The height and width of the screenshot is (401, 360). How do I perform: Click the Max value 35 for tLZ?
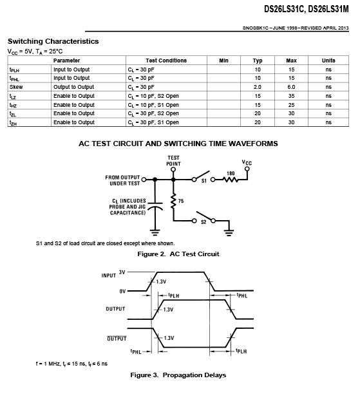click(x=291, y=96)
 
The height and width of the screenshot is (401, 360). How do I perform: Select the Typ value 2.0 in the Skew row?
click(x=258, y=87)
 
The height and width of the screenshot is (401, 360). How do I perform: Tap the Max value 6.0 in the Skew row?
click(x=291, y=87)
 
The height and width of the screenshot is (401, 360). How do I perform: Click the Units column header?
click(x=328, y=61)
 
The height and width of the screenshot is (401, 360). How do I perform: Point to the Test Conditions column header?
click(x=166, y=61)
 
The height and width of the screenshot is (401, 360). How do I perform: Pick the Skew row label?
click(x=16, y=87)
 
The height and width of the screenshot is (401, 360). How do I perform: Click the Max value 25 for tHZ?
click(x=291, y=105)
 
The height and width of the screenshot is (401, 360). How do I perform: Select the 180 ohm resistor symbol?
click(x=231, y=180)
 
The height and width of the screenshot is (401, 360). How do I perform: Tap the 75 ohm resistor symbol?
click(x=173, y=201)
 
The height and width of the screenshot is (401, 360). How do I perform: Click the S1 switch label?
click(x=204, y=181)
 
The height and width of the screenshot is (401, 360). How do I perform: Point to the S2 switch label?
click(x=204, y=222)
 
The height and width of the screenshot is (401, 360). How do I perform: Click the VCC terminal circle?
click(x=247, y=169)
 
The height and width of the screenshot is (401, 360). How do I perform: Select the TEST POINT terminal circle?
click(x=173, y=169)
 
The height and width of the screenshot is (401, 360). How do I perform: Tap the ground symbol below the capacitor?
click(x=155, y=232)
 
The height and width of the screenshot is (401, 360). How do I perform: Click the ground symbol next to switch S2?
click(x=229, y=233)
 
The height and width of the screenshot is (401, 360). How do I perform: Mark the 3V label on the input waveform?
click(x=122, y=272)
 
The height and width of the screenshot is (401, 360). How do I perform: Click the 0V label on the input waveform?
click(x=122, y=292)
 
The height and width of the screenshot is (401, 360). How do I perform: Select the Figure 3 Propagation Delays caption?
click(x=178, y=375)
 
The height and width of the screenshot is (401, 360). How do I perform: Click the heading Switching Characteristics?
click(x=53, y=41)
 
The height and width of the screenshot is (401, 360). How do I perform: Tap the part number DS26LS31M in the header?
click(x=328, y=9)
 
